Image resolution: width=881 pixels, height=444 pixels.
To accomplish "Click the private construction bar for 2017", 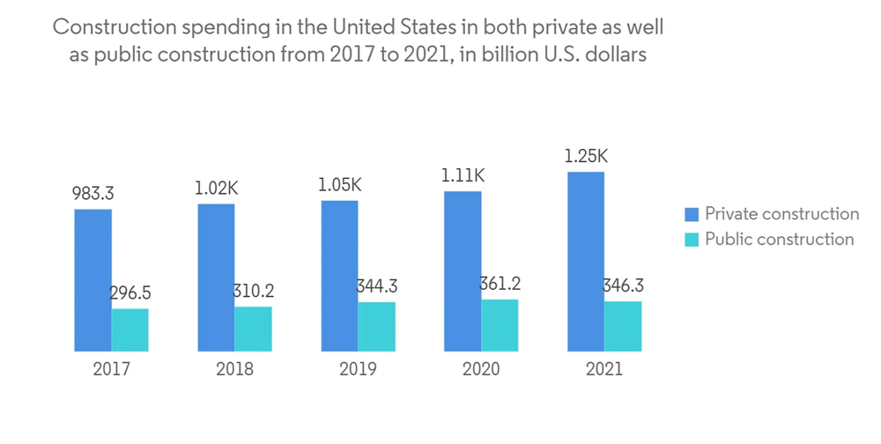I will (93, 280).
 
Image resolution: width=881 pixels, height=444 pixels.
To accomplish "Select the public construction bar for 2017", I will (130, 329).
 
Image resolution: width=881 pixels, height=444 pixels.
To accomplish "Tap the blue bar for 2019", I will (339, 276).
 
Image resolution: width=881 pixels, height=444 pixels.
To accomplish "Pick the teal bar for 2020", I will (500, 325).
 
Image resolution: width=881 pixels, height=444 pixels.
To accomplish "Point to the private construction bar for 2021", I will (586, 262).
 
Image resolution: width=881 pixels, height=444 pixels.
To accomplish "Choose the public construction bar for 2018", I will (253, 329).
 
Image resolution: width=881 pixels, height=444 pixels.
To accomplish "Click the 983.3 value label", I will (93, 193).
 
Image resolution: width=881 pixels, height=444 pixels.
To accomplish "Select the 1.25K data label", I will (586, 157).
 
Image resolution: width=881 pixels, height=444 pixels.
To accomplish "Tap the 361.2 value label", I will (500, 285).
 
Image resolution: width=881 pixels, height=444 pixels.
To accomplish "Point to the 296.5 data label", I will (130, 293).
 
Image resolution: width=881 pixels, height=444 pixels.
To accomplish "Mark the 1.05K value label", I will (339, 185).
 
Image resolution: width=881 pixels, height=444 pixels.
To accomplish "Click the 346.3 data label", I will (623, 286).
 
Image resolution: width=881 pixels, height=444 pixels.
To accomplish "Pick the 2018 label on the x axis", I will (234, 369).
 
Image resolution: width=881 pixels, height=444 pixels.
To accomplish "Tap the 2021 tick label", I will (604, 369).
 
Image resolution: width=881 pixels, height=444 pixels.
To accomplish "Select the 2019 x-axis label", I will (358, 369).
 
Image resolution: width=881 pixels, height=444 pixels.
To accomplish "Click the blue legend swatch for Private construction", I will (692, 214).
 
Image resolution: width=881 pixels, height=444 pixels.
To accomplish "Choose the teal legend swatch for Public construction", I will (692, 240).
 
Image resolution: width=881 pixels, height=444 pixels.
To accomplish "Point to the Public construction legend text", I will (779, 240).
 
